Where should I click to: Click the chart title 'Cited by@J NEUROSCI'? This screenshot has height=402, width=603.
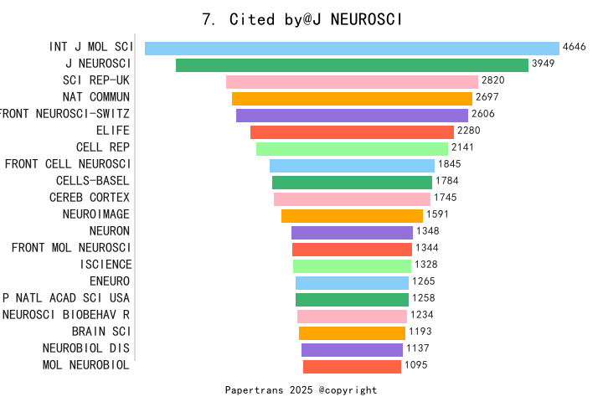pos(302,19)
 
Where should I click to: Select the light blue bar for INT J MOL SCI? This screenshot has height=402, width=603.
pos(352,48)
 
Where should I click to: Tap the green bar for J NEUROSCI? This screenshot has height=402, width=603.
pos(352,64)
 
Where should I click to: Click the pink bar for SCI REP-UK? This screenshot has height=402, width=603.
pos(352,81)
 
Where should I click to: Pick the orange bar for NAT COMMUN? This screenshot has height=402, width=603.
pos(352,98)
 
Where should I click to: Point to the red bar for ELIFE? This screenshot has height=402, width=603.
pos(352,131)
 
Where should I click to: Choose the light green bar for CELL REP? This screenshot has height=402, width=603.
pos(352,148)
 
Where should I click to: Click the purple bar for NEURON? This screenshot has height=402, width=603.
pos(352,232)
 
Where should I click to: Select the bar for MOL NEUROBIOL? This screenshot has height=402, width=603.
pos(352,366)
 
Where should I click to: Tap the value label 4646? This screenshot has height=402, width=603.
pos(574,47)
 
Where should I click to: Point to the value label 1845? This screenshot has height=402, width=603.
pos(449,164)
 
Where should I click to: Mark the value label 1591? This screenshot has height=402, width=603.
pos(438,214)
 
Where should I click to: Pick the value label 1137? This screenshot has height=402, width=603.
pos(417,348)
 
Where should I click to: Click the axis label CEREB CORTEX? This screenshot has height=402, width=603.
pos(90,198)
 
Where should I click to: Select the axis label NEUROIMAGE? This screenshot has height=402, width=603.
pos(95,214)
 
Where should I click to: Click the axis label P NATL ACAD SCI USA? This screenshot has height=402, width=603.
pos(66,298)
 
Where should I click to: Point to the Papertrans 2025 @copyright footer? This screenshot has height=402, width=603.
pos(301,390)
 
